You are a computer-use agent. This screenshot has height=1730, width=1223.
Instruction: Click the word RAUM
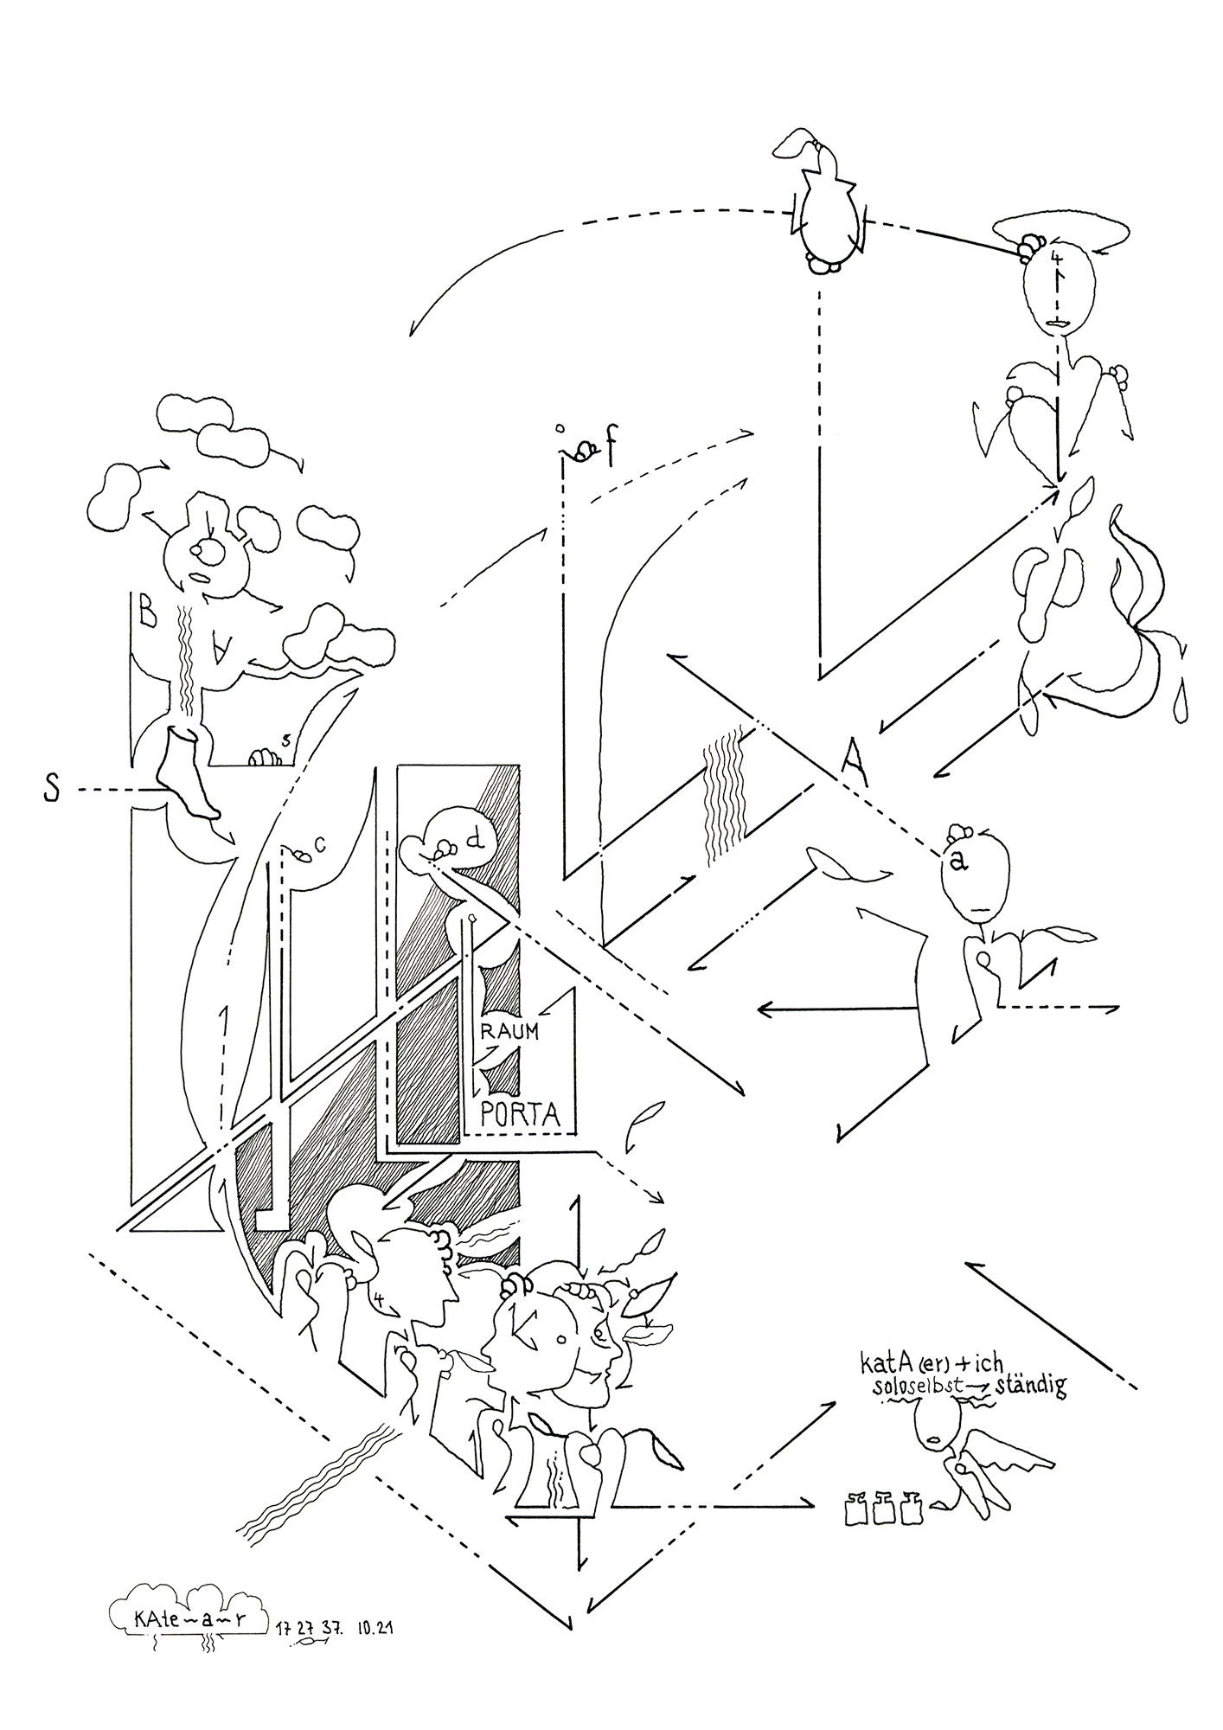pyautogui.click(x=510, y=1031)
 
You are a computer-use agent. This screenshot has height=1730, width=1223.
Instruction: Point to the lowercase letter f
pyautogui.click(x=609, y=451)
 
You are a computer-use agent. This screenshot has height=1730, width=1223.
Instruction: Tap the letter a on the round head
pyautogui.click(x=956, y=862)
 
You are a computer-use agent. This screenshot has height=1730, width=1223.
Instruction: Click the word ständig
pyautogui.click(x=1032, y=1386)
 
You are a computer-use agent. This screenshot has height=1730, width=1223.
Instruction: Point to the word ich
pyautogui.click(x=982, y=1363)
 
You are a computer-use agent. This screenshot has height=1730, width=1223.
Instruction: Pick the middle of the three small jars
pyautogui.click(x=883, y=1508)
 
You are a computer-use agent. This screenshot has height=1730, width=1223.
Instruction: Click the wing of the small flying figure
pyautogui.click(x=1016, y=1453)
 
